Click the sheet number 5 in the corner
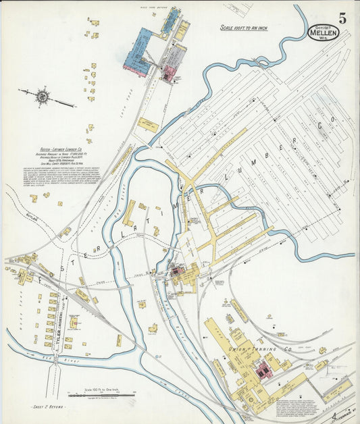click(x=342, y=18)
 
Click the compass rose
click(x=42, y=97)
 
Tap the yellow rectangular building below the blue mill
click(x=148, y=125)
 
